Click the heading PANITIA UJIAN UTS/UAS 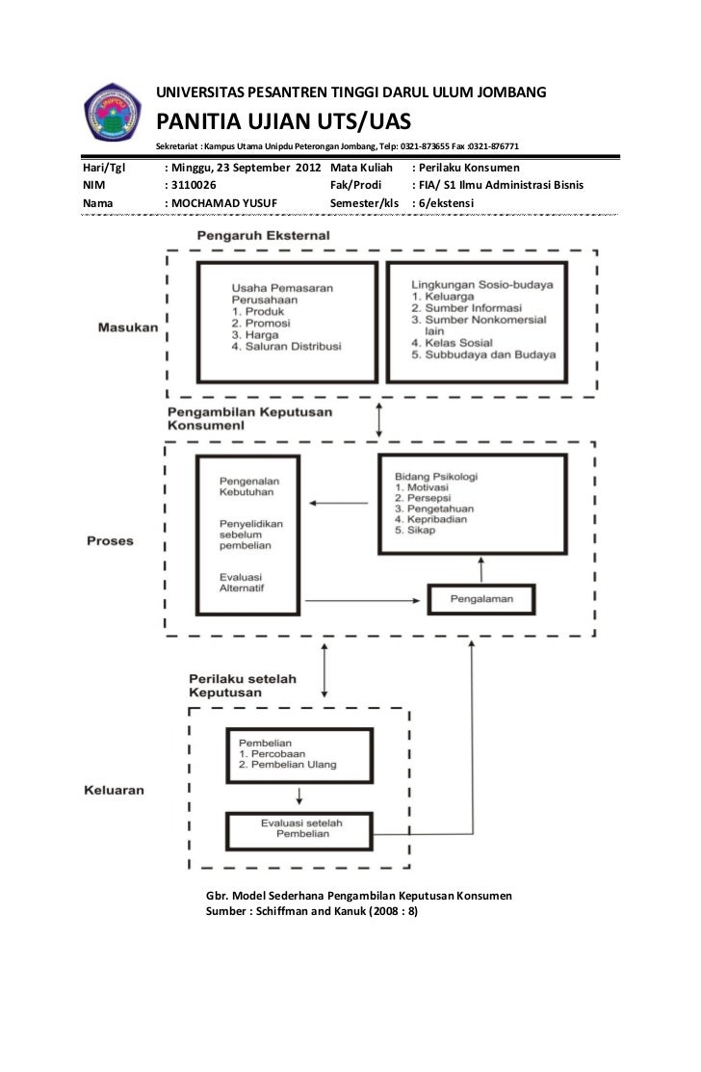(284, 121)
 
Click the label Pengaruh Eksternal (264, 236)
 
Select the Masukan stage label (127, 327)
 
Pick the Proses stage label (110, 540)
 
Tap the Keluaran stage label (111, 791)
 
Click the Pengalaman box (481, 599)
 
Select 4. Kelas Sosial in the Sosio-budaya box (452, 342)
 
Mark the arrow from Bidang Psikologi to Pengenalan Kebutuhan (342, 502)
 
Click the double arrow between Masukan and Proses (380, 420)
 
